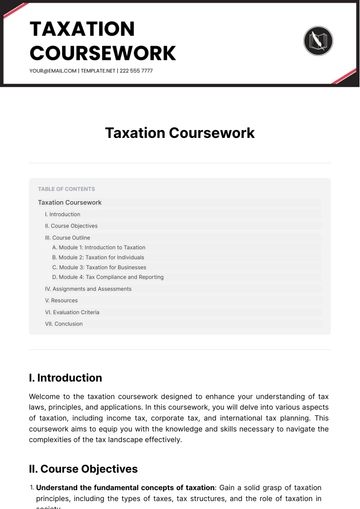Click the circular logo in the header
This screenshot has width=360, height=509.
point(317,41)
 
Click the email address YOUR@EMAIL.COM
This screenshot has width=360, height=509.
point(52,71)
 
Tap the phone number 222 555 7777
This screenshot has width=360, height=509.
point(135,71)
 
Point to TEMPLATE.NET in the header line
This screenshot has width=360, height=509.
point(96,71)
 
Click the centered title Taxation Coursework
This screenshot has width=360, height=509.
point(180,132)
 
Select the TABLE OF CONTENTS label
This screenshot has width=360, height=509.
point(66,188)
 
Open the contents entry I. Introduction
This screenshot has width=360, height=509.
point(63,214)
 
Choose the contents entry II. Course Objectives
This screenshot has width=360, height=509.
point(71,225)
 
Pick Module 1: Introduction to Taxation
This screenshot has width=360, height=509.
point(99,247)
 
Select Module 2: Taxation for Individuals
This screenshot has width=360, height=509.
point(98,257)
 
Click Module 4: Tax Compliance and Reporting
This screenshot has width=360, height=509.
point(108,277)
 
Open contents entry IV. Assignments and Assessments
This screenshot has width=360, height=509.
point(88,289)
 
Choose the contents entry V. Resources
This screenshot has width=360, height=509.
point(61,300)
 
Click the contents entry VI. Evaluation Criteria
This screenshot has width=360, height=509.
point(72,312)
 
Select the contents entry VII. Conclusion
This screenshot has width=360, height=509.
point(64,323)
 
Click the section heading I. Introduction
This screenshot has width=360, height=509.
point(66,378)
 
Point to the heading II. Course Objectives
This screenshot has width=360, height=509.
point(83,468)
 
